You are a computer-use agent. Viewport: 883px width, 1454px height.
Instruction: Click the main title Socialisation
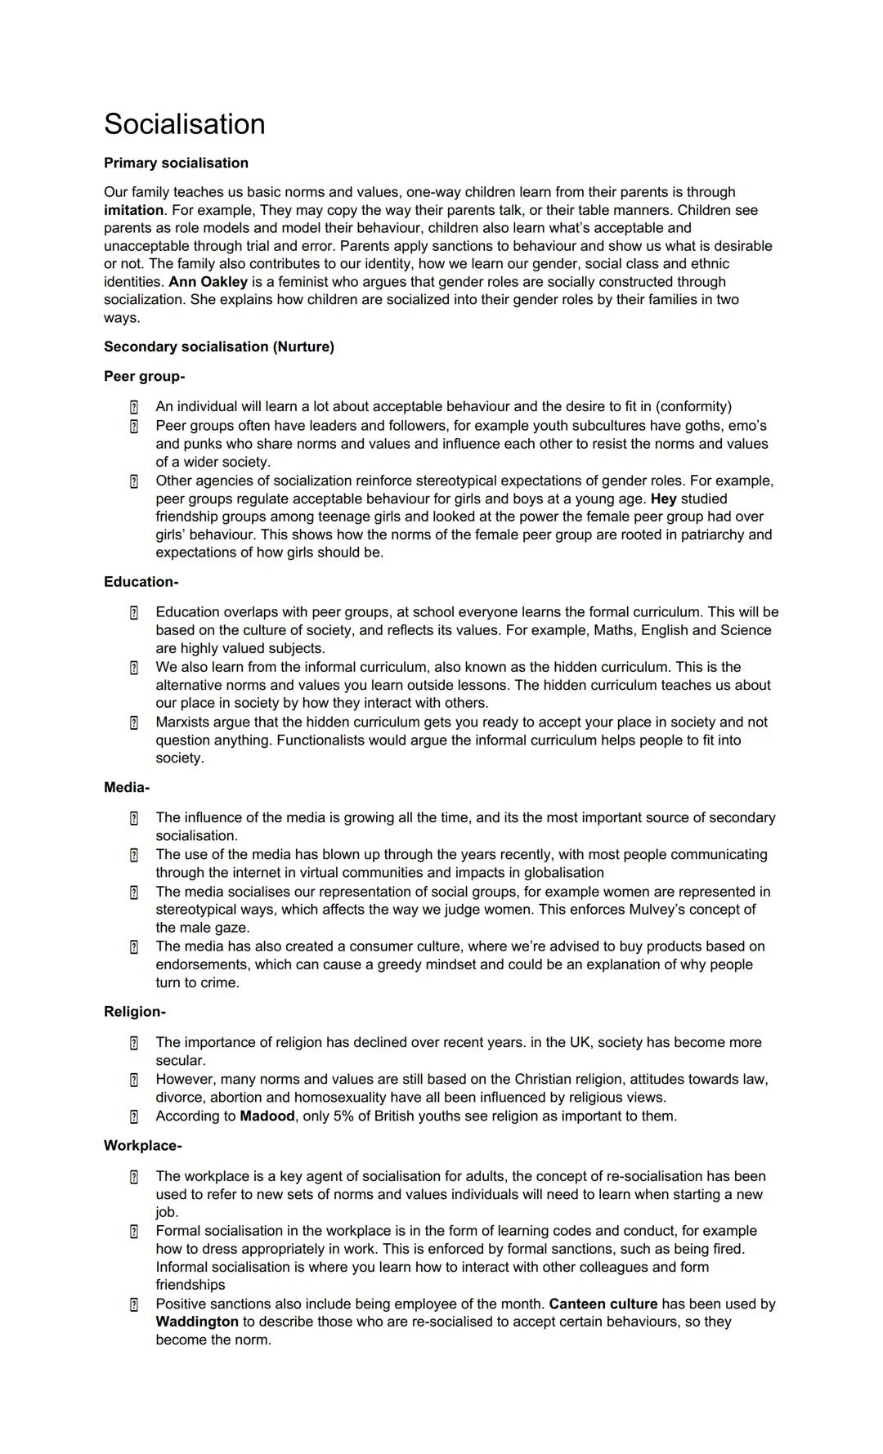184,124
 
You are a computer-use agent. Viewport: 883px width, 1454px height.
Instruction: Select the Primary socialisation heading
176,163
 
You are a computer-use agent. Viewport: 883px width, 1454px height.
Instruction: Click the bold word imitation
133,210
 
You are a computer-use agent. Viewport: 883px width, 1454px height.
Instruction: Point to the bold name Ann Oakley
208,282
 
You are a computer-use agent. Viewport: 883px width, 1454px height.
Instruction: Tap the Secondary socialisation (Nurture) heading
218,347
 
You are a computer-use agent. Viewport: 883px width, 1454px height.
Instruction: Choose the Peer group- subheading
144,376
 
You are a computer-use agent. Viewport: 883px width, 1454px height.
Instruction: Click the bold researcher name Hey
663,499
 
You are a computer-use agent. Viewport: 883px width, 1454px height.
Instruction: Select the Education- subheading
141,582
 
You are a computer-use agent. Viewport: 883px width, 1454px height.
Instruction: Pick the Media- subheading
126,788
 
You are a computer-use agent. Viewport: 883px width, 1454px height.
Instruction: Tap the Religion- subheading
134,1012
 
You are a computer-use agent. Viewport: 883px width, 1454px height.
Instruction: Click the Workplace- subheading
142,1146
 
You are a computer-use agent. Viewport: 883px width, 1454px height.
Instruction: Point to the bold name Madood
267,1116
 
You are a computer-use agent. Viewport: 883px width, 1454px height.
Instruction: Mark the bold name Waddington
197,1322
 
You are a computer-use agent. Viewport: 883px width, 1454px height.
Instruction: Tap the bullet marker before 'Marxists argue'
133,723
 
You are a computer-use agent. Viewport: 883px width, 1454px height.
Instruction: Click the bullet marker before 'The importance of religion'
133,1043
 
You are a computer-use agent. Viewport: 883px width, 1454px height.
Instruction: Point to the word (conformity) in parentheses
693,406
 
